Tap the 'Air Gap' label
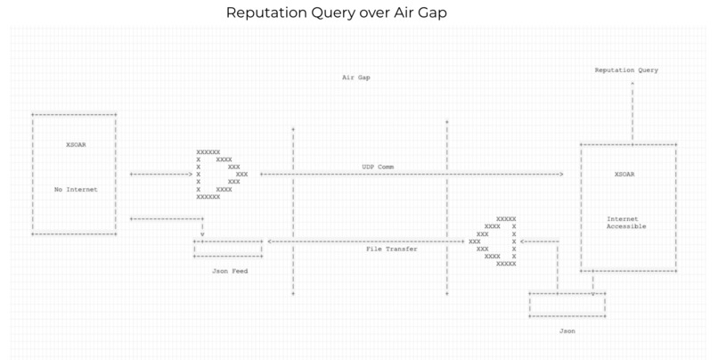(x=355, y=78)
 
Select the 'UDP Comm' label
(x=377, y=167)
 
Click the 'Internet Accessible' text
(x=625, y=222)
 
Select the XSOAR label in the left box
(x=78, y=144)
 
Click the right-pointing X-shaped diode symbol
(x=221, y=174)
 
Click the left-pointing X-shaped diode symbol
(x=495, y=241)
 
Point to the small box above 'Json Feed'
(x=228, y=249)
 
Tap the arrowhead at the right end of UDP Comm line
(x=561, y=174)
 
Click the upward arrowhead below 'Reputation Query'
(x=632, y=82)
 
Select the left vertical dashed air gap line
(x=293, y=209)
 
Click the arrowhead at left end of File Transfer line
(x=270, y=241)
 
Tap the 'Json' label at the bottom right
(x=567, y=331)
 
